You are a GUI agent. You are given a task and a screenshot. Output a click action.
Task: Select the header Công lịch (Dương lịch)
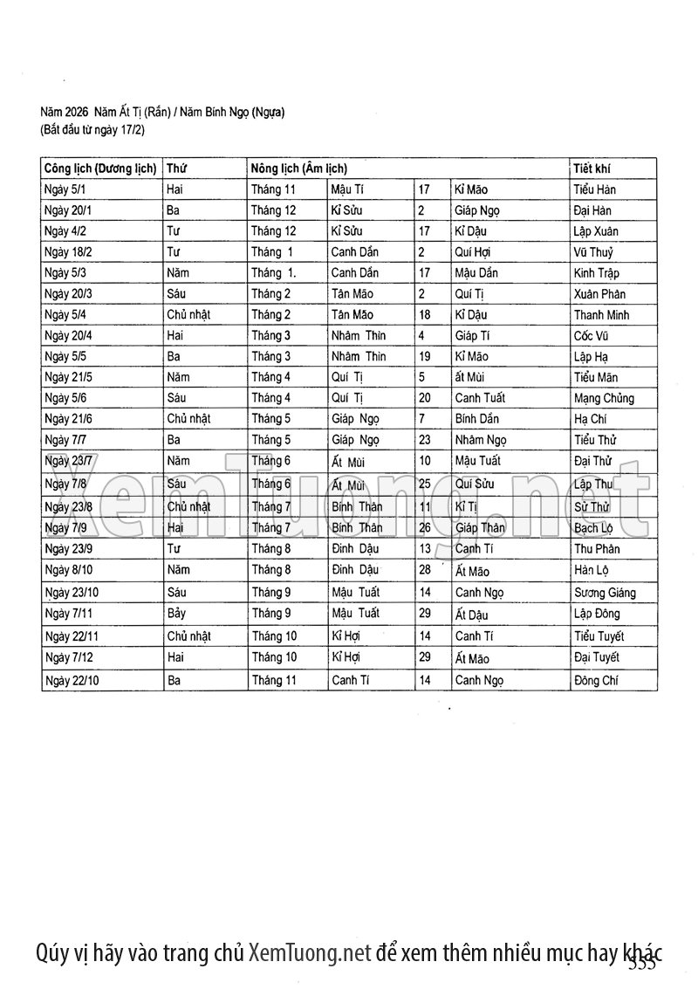coord(100,168)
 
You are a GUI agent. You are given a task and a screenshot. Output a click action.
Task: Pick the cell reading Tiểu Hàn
coord(596,189)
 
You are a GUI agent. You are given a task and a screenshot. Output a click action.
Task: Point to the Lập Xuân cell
coord(596,231)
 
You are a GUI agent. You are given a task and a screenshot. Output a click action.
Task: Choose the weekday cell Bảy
coord(177,614)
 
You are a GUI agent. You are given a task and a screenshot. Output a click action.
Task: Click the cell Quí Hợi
coord(472,252)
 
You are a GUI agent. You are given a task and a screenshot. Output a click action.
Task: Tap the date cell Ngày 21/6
coord(69,419)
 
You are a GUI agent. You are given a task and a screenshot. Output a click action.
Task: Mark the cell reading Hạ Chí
coord(591,419)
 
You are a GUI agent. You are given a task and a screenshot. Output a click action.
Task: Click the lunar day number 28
coord(426,570)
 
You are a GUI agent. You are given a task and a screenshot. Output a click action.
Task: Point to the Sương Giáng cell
coord(605,593)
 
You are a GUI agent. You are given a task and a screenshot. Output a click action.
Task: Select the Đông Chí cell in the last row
coord(596,681)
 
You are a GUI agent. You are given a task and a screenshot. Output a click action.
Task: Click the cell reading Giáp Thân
coord(480,528)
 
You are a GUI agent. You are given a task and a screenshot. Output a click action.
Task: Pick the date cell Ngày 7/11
coord(69,614)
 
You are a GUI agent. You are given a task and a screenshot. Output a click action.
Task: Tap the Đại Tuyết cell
coord(597,658)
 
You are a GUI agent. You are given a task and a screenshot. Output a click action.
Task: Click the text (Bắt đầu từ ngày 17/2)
coord(92,130)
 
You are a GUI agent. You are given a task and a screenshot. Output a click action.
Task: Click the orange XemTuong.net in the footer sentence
coord(310,951)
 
